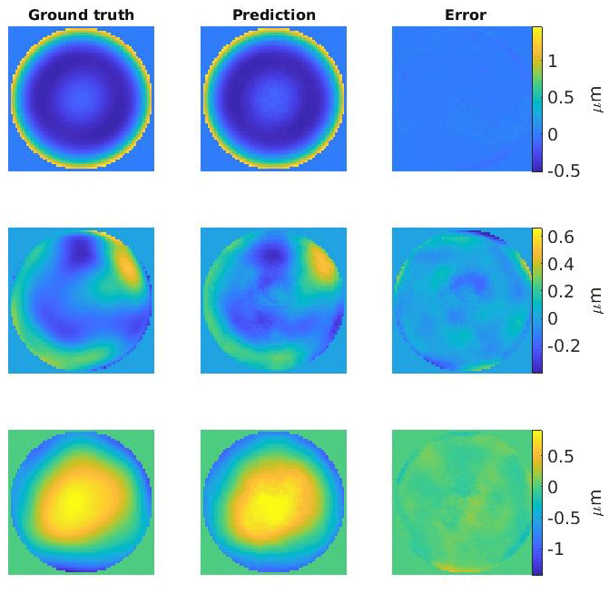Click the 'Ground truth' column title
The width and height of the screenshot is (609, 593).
(x=81, y=15)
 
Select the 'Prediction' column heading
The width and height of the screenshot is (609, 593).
(x=274, y=15)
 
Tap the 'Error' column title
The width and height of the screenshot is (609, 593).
(x=465, y=15)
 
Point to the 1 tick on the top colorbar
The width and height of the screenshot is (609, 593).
(x=556, y=60)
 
